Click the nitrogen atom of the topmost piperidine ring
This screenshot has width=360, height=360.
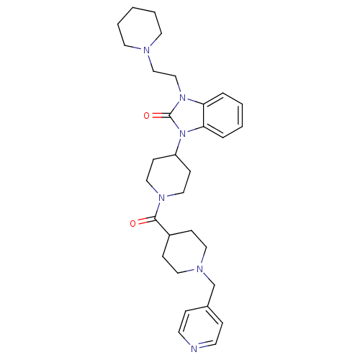[x=146, y=50]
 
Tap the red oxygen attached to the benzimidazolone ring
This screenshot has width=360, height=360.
[x=146, y=116]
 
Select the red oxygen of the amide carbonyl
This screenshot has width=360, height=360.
[x=132, y=224]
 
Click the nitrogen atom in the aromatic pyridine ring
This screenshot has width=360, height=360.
[x=194, y=349]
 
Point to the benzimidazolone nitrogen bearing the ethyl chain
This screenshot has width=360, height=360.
[x=183, y=98]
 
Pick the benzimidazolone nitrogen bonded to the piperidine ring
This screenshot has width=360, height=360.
[x=183, y=133]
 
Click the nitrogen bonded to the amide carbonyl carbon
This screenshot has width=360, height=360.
[x=162, y=198]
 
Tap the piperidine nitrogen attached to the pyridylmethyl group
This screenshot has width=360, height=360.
[x=199, y=269]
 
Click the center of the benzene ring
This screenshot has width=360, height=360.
[x=223, y=115]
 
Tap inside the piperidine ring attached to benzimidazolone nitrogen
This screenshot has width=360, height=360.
[x=168, y=176]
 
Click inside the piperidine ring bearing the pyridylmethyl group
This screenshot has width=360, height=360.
[x=184, y=252]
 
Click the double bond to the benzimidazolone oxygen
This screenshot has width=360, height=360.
[x=160, y=116]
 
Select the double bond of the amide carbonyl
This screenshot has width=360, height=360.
[x=146, y=220]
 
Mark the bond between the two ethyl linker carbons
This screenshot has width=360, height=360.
[x=164, y=74]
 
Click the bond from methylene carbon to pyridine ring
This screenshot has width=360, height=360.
[x=210, y=296]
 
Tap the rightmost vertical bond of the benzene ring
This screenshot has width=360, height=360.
[x=242, y=115]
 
